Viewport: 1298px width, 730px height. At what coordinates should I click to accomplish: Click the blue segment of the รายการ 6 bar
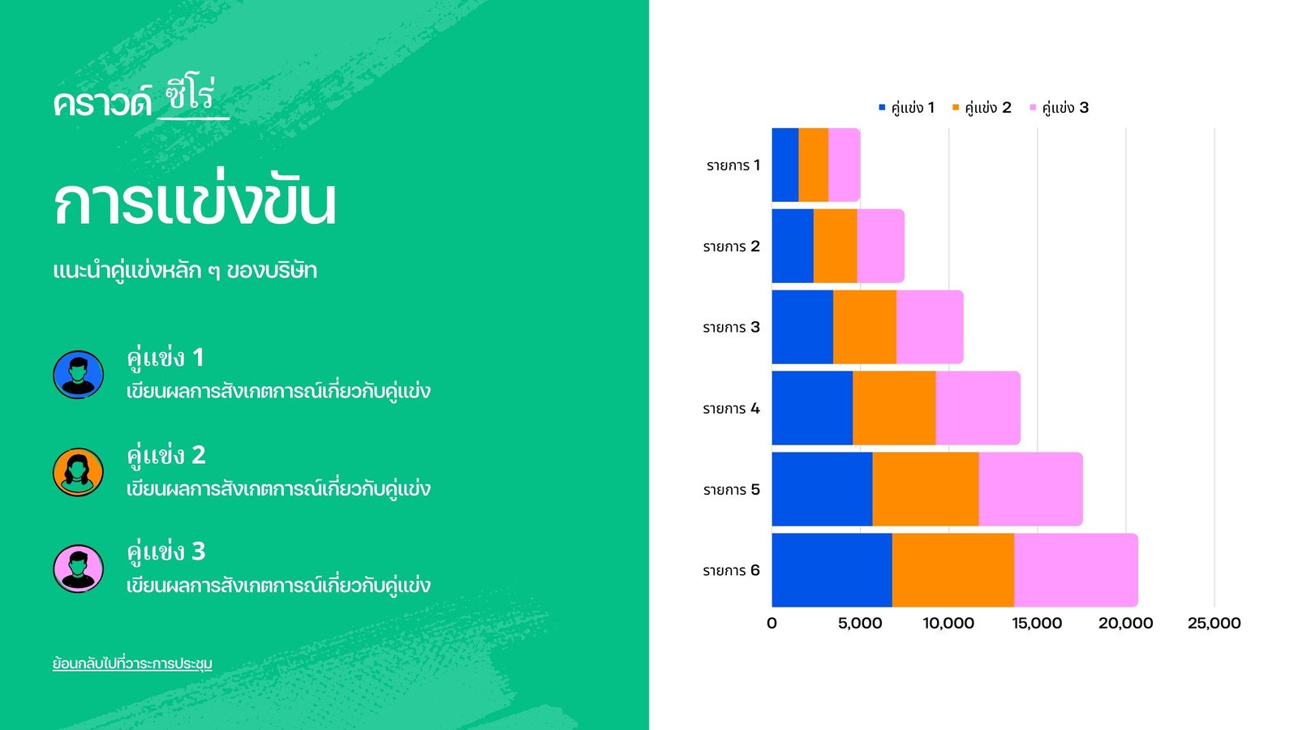[x=832, y=570]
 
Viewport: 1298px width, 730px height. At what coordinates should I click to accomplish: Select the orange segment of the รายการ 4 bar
[x=894, y=408]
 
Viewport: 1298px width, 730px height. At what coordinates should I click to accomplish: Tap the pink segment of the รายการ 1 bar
[x=845, y=165]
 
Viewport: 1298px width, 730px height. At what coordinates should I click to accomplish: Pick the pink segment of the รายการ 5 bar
[x=1031, y=489]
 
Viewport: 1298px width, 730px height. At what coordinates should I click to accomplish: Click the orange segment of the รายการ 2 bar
[x=835, y=246]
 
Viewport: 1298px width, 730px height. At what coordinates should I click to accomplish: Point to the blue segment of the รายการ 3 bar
[x=802, y=327]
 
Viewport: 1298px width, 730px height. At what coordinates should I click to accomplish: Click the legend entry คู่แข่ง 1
[x=906, y=108]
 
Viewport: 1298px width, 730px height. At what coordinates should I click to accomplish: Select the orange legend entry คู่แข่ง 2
[x=982, y=108]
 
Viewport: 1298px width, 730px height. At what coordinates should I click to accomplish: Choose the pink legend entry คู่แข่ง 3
[x=1059, y=108]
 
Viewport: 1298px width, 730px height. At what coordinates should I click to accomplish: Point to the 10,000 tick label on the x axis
[x=948, y=624]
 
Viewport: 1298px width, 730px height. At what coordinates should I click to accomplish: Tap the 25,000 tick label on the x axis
[x=1214, y=624]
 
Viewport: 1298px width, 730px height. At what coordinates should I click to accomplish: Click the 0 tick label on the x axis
[x=771, y=624]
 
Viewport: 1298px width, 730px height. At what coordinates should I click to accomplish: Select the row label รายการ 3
[x=731, y=328]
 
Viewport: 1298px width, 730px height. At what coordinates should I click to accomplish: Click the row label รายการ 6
[x=731, y=571]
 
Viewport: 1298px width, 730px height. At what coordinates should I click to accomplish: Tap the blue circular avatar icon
[x=78, y=375]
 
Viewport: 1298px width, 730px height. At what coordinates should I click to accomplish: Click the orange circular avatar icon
[x=78, y=472]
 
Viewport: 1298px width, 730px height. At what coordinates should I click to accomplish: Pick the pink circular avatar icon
[x=78, y=569]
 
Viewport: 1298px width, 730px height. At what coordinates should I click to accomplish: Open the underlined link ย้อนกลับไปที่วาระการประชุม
[x=132, y=663]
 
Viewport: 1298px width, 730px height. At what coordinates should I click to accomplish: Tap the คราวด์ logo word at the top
[x=102, y=103]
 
